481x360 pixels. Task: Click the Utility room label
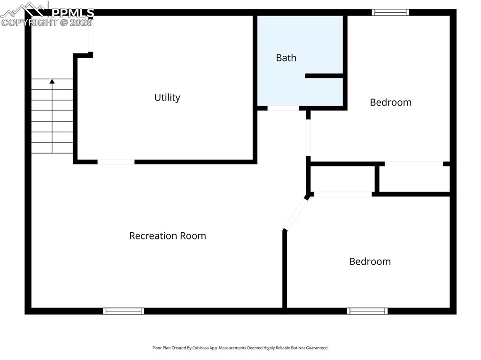[x=167, y=98]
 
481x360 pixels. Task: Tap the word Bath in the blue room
[x=286, y=58]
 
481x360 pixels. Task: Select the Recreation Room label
[x=168, y=236]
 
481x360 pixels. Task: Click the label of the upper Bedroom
[x=390, y=102]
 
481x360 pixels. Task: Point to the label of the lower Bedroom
[x=370, y=261]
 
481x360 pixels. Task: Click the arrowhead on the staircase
[x=52, y=82]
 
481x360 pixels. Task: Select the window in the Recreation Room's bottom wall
[x=124, y=311]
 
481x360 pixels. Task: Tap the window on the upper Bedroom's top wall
[x=390, y=13]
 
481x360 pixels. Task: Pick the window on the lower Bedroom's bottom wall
[x=367, y=311]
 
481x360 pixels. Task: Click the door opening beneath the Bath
[x=283, y=108]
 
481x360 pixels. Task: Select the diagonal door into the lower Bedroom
[x=295, y=214]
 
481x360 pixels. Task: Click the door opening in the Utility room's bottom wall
[x=116, y=162]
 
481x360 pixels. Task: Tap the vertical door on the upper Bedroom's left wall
[x=308, y=138]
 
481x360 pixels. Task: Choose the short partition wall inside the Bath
[x=324, y=76]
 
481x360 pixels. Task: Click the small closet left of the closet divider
[x=342, y=179]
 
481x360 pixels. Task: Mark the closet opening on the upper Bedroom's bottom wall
[x=414, y=164]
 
